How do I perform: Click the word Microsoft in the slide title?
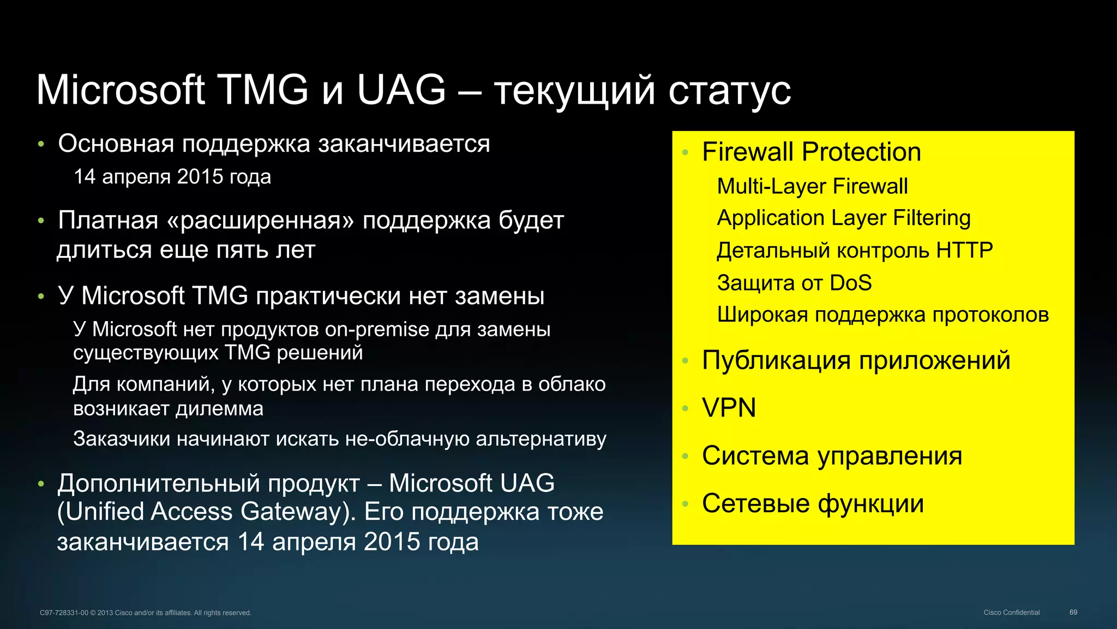coord(121,90)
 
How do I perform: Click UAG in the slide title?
coord(401,90)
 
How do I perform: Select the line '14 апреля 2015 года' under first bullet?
coord(172,177)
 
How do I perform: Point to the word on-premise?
coord(377,330)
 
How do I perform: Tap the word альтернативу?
coord(541,439)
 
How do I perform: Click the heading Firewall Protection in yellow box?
coord(811,152)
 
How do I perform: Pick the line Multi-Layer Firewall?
coord(812,186)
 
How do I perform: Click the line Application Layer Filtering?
coord(843,218)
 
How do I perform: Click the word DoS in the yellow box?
coord(850,283)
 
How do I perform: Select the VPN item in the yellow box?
coord(729,408)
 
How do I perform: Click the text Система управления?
coord(832,455)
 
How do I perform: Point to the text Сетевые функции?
coord(813,503)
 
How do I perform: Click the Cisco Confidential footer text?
coord(1011,613)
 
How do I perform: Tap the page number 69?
coord(1073,613)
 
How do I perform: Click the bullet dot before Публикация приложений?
coord(686,361)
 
